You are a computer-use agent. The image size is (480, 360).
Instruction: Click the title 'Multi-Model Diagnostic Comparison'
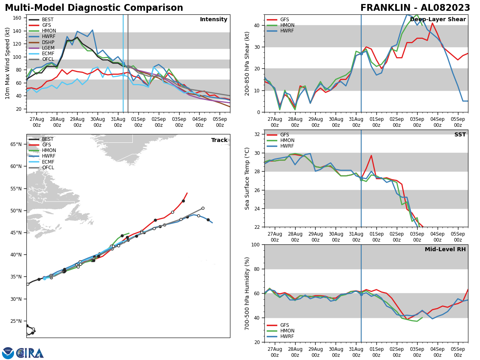[94, 8]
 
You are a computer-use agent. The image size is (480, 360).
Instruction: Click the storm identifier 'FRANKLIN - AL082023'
[415, 8]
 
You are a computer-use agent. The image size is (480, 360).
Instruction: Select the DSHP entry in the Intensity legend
[48, 42]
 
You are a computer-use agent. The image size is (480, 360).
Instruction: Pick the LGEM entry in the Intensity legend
[48, 48]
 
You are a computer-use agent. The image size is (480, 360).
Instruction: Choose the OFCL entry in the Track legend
[48, 168]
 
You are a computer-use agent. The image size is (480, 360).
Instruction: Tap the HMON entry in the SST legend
[287, 140]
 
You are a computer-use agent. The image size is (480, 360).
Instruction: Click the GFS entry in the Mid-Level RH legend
[284, 325]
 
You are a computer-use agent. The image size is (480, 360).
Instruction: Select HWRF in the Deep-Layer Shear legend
[287, 31]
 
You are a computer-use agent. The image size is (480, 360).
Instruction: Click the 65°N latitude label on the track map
[16, 144]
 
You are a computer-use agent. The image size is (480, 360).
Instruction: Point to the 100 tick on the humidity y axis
[255, 244]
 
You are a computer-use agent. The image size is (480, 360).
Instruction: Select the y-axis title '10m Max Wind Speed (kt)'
[8, 63]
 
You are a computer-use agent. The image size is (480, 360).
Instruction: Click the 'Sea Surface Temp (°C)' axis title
[247, 178]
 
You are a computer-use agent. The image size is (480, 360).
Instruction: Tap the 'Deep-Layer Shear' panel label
[438, 20]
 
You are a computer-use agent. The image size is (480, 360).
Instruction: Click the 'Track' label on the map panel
[219, 140]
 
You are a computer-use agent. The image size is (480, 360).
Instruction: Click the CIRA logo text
[30, 353]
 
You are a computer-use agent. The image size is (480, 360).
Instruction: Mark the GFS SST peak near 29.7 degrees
[371, 156]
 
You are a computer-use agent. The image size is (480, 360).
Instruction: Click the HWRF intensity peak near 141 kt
[92, 30]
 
